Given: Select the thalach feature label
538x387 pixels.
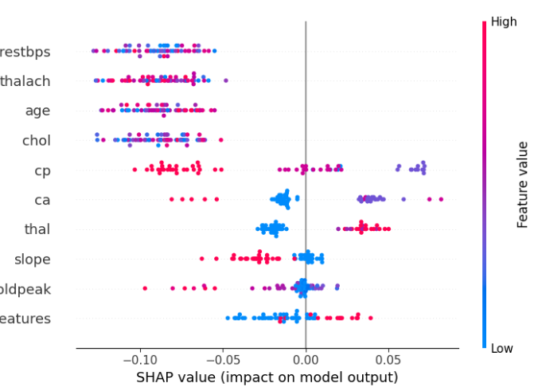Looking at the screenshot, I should pyautogui.click(x=25, y=81).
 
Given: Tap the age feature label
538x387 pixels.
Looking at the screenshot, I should pyautogui.click(x=37, y=111).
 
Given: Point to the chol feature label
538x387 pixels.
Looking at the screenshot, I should pyautogui.click(x=37, y=140).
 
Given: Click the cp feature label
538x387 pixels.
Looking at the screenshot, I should pyautogui.click(x=42, y=170).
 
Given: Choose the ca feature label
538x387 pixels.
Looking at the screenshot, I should pyautogui.click(x=42, y=200).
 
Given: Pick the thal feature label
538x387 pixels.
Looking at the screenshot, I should pyautogui.click(x=37, y=229).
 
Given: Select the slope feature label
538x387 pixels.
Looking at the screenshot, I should pyautogui.click(x=33, y=259).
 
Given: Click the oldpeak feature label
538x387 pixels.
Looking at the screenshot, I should pyautogui.click(x=25, y=289).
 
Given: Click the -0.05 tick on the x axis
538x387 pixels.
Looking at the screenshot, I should pyautogui.click(x=223, y=358).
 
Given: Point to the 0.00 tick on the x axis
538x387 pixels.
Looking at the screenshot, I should pyautogui.click(x=306, y=358).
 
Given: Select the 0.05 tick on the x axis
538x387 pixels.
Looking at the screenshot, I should pyautogui.click(x=388, y=358).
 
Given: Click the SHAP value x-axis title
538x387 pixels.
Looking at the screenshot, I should pyautogui.click(x=267, y=376).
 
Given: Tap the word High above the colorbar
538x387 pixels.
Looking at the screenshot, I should pyautogui.click(x=504, y=21).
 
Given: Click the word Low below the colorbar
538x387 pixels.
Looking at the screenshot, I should pyautogui.click(x=502, y=348).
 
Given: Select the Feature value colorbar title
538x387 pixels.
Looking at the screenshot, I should pyautogui.click(x=523, y=185).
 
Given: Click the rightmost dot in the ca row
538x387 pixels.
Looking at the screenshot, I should pyautogui.click(x=441, y=199).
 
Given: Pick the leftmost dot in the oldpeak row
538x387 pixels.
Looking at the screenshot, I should pyautogui.click(x=145, y=287).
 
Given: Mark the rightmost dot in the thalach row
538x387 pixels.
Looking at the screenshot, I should pyautogui.click(x=226, y=80).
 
